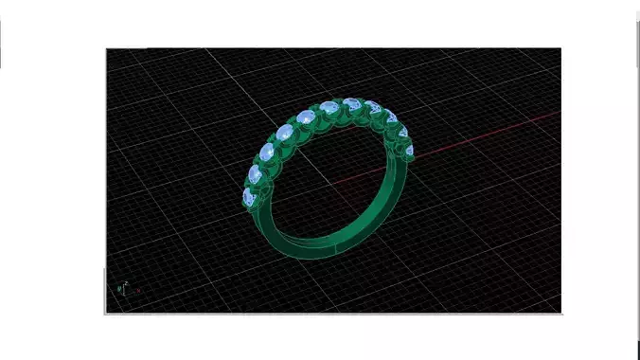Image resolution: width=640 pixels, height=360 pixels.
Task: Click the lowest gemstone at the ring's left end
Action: point(249,197)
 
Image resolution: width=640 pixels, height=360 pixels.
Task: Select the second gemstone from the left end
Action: point(257,173)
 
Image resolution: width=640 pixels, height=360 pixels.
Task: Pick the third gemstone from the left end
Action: point(269,152)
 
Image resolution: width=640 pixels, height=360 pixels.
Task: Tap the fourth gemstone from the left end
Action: point(286,133)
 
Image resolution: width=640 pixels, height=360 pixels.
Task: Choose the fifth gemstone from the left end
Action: point(307,117)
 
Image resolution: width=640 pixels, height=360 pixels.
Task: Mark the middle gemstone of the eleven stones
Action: point(329,107)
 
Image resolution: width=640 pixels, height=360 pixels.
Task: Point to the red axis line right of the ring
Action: point(492,134)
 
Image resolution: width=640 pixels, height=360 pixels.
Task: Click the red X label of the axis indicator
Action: point(138,291)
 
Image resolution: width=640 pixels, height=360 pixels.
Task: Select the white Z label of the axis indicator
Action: point(126,282)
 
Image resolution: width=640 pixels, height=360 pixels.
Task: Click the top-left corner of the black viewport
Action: point(106,49)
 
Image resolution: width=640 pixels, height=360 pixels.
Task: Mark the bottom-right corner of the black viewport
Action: point(560,312)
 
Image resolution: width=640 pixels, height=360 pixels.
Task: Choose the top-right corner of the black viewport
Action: point(560,49)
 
